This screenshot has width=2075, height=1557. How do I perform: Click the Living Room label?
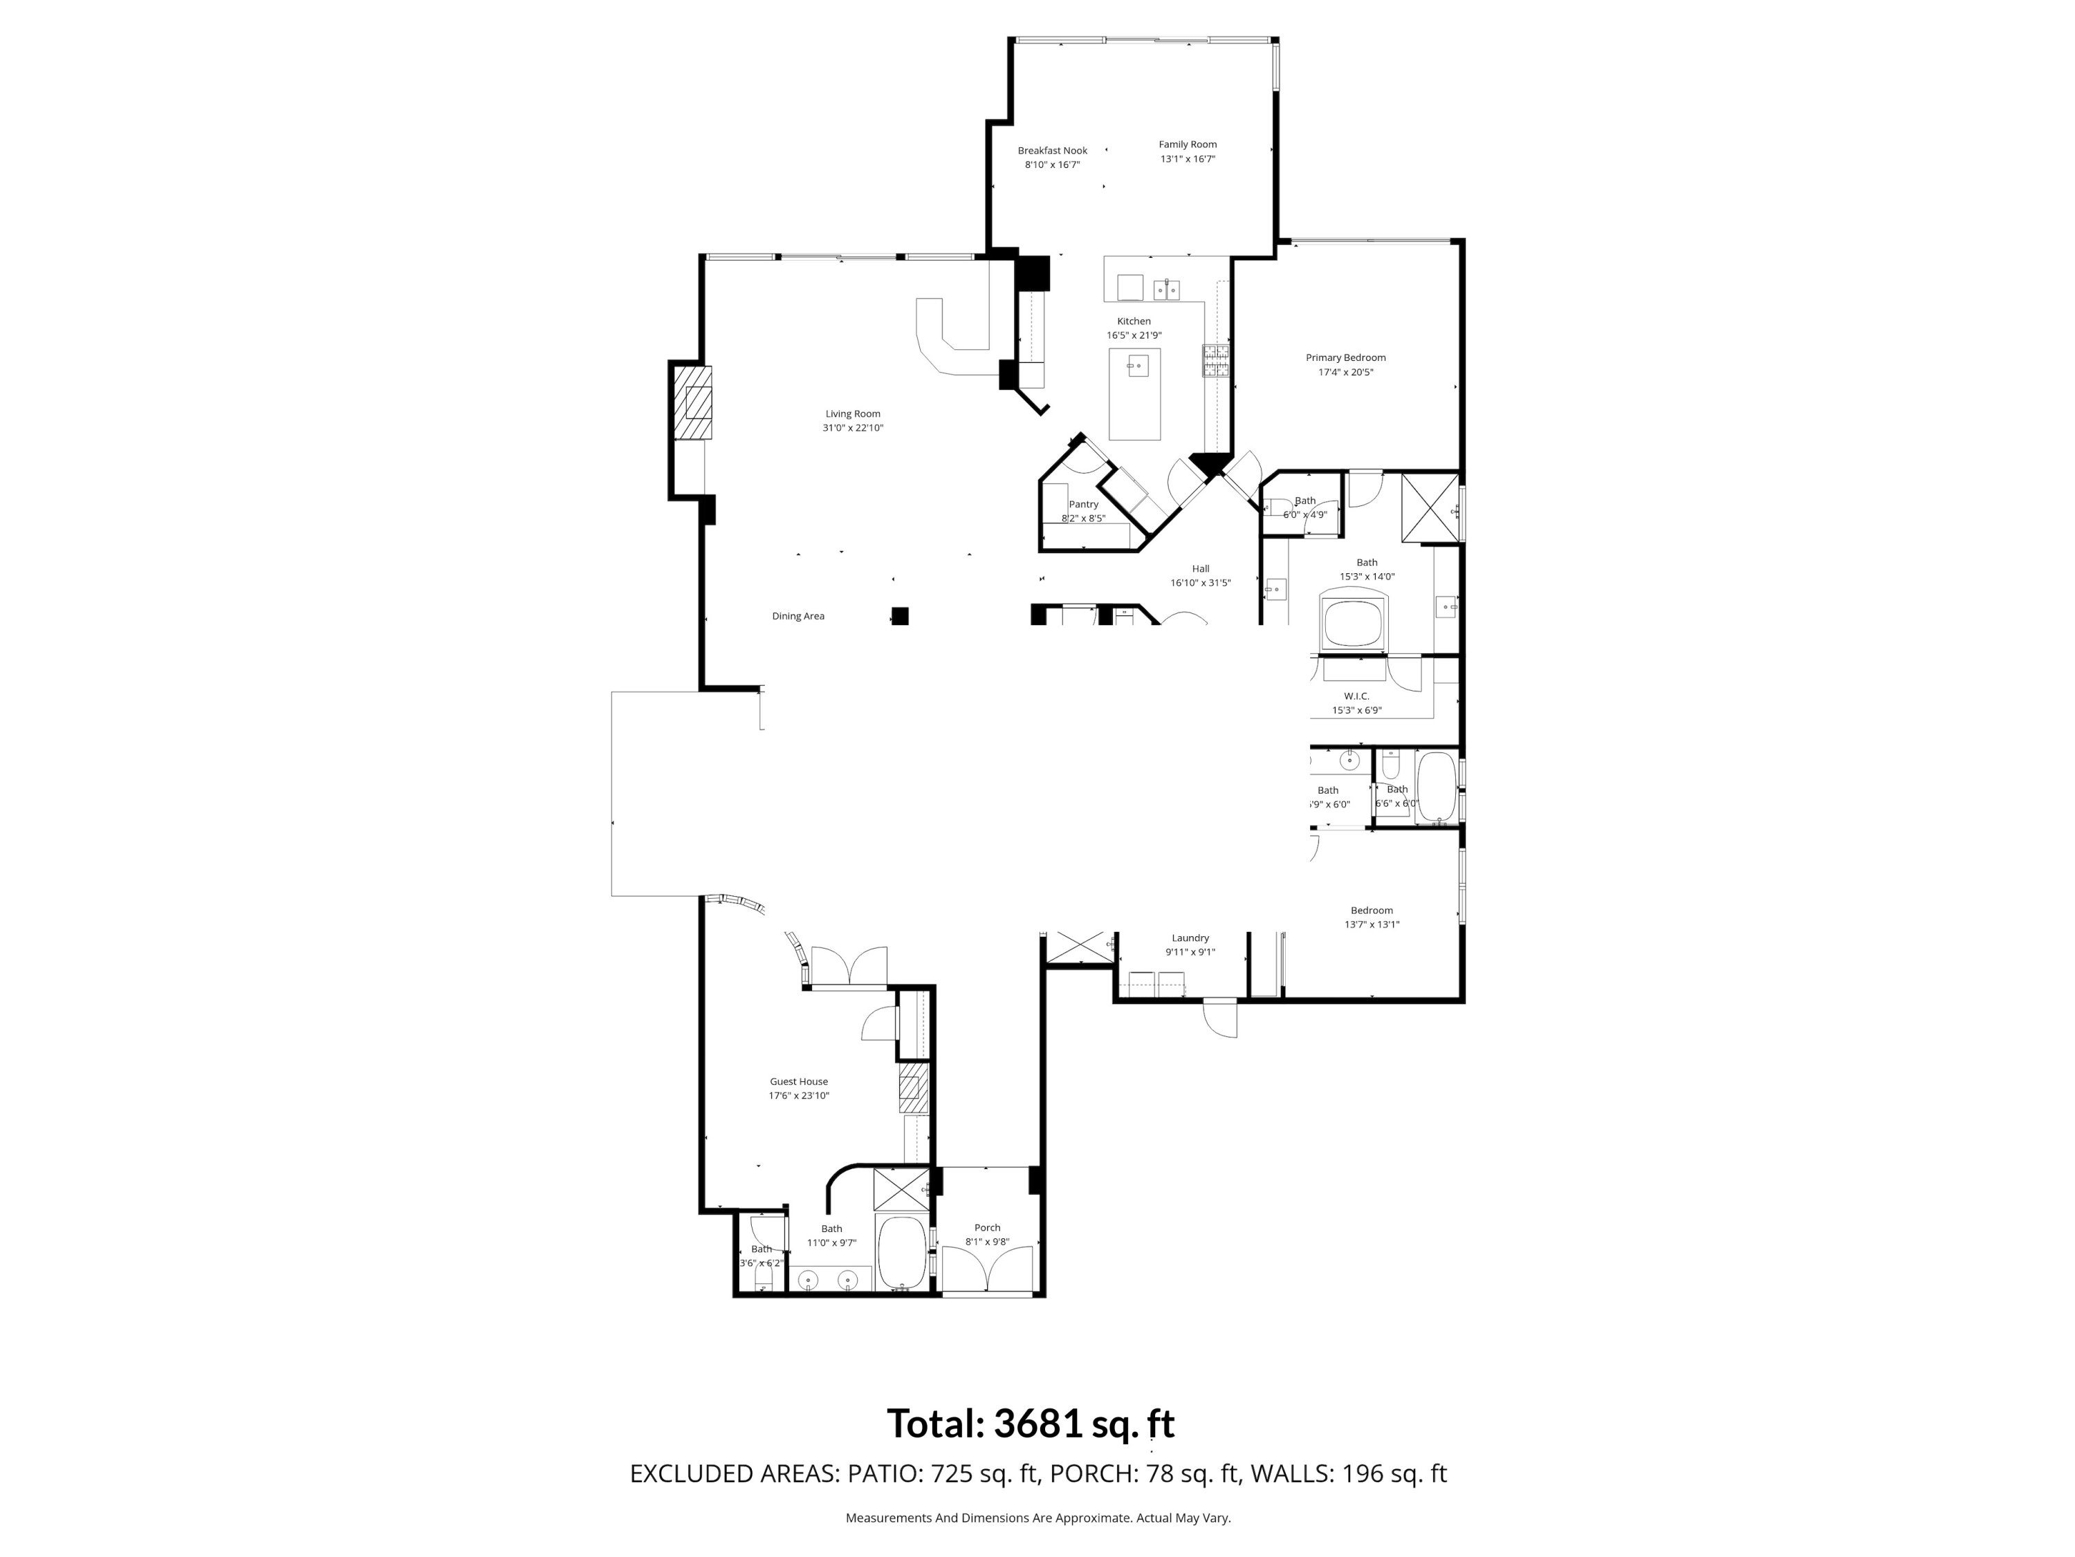pyautogui.click(x=853, y=413)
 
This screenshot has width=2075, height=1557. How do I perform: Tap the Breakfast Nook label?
pyautogui.click(x=1053, y=150)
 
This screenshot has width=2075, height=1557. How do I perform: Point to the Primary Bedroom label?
pyautogui.click(x=1345, y=357)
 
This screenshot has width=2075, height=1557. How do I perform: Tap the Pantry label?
pyautogui.click(x=1083, y=505)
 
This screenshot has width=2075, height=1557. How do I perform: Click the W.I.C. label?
pyautogui.click(x=1356, y=696)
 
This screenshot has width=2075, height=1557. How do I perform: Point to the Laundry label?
pyautogui.click(x=1190, y=938)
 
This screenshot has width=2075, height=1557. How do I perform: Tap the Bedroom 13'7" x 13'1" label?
pyautogui.click(x=1372, y=911)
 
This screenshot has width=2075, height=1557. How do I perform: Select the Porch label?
pyautogui.click(x=987, y=1228)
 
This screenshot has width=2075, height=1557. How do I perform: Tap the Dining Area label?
pyautogui.click(x=797, y=616)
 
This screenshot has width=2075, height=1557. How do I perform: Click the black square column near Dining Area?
pyautogui.click(x=900, y=616)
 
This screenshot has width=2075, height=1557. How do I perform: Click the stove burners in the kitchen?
pyautogui.click(x=1217, y=361)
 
